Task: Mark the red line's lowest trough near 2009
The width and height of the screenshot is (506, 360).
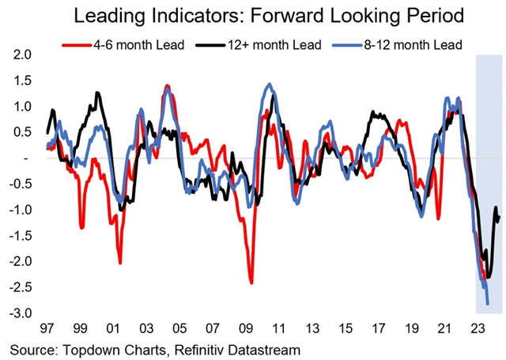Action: pos(251,282)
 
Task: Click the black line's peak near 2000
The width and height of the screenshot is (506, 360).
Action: pos(97,93)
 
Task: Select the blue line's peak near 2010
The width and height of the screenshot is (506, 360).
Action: pos(270,84)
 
